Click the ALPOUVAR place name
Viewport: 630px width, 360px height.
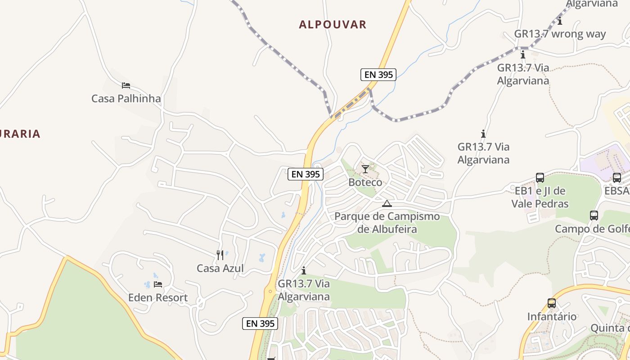pos(333,24)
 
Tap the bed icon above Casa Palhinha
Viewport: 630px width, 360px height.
pos(126,85)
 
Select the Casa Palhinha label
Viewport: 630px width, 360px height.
pos(126,98)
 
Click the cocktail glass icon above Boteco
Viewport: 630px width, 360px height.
pos(365,169)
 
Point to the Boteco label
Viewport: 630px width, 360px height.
pos(365,182)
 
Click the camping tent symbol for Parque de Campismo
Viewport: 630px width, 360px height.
pos(387,203)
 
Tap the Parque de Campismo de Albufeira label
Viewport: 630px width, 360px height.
pos(387,223)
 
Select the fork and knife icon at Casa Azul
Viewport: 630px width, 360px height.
pos(220,255)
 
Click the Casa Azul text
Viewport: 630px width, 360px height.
pos(220,268)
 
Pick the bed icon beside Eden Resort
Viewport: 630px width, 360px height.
pos(158,284)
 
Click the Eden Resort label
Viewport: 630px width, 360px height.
pos(158,297)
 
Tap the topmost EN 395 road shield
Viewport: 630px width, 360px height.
pos(378,75)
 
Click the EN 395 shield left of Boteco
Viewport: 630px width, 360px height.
pos(306,174)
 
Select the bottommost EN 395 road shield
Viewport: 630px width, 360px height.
pos(260,323)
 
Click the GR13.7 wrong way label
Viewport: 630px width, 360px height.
pos(560,34)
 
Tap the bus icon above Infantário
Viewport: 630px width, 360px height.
pos(552,303)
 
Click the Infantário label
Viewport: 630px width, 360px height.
pos(552,316)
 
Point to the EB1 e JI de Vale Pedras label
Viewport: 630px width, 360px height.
pos(540,197)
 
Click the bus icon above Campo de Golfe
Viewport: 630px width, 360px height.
pos(594,216)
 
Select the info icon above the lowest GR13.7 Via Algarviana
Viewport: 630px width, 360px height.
pos(304,270)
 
